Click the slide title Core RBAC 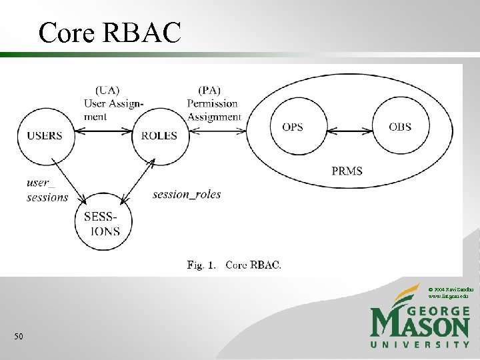109,32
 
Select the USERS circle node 45,135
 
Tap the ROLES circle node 159,135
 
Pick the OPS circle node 293,127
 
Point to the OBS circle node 400,127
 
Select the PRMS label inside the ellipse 347,171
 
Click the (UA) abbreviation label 108,90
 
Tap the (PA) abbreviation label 209,90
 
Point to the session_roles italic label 187,195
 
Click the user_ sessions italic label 47,190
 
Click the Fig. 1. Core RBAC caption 234,265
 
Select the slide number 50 19,337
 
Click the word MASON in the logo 420,325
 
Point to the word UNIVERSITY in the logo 420,345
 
